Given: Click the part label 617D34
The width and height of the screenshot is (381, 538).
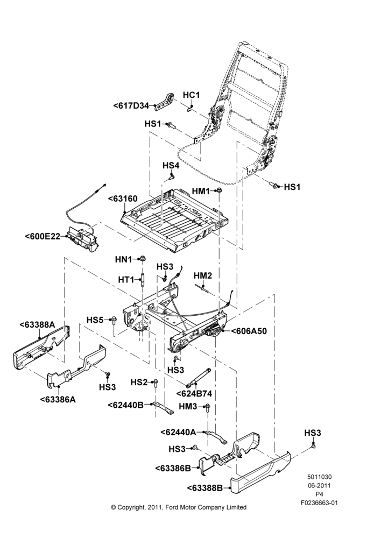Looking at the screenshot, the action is click(131, 106).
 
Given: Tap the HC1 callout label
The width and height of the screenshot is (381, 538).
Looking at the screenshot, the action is click(191, 95).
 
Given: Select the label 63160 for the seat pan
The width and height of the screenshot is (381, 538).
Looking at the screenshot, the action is click(123, 199).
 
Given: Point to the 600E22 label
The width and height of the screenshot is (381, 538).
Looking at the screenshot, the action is click(43, 236).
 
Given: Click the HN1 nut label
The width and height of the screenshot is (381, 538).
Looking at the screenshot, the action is click(124, 259).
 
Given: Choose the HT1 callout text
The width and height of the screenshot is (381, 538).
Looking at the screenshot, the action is click(126, 280).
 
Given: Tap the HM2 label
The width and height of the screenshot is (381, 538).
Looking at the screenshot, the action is click(203, 275).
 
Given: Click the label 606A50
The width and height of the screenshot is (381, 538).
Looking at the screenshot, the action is click(249, 331).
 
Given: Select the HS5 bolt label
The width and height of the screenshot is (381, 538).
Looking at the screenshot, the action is click(95, 320).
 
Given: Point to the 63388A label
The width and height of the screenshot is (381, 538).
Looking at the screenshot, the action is click(38, 324).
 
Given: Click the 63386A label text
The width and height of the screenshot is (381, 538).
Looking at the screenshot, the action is click(58, 399).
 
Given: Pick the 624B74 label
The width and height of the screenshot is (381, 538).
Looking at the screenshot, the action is click(194, 394).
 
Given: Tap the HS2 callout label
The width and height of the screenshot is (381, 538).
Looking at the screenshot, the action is click(139, 382).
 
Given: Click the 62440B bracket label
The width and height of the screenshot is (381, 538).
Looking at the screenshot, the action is click(125, 405).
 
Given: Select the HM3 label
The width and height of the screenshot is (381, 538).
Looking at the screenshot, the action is click(188, 407).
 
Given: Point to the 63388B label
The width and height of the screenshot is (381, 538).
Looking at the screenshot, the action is click(205, 487).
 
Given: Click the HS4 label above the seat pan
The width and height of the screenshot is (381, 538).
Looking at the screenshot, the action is click(171, 165).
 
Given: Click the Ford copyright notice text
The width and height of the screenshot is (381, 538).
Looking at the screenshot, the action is click(179, 507).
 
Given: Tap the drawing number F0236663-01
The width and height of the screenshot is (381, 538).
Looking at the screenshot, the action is click(319, 503).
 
